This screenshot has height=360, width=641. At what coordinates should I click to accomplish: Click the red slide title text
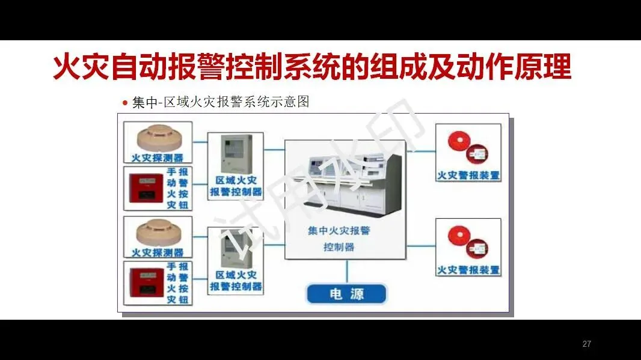(x=311, y=67)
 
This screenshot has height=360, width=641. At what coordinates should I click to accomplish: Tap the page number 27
(x=586, y=344)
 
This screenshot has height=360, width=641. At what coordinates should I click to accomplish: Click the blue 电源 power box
(x=347, y=294)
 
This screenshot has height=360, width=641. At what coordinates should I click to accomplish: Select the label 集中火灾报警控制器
(x=339, y=239)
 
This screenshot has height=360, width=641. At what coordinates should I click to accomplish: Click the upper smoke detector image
(x=157, y=138)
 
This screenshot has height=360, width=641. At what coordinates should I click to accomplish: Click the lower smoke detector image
(x=157, y=232)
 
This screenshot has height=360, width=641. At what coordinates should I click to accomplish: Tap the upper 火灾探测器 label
(x=158, y=158)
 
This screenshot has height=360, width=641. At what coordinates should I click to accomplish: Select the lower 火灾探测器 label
(x=158, y=252)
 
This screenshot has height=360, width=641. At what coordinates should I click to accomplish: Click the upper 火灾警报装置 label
(x=468, y=175)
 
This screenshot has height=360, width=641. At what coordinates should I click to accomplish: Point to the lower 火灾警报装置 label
(x=468, y=270)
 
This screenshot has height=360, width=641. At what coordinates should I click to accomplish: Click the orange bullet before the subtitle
(x=125, y=103)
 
